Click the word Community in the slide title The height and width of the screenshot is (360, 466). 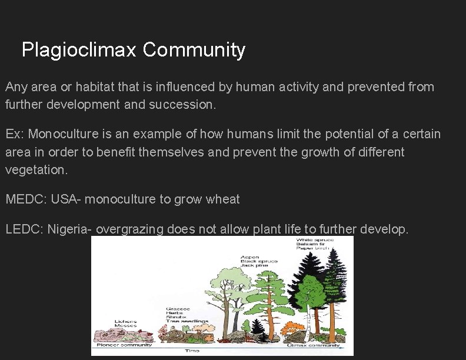(194, 50)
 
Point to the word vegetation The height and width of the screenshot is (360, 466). (36, 170)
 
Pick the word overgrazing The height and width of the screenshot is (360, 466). (129, 229)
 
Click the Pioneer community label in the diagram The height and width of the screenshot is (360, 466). (124, 345)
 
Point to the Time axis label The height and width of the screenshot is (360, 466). (192, 351)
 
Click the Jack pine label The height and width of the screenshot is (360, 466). (254, 265)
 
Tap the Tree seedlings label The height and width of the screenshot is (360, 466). (187, 321)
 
